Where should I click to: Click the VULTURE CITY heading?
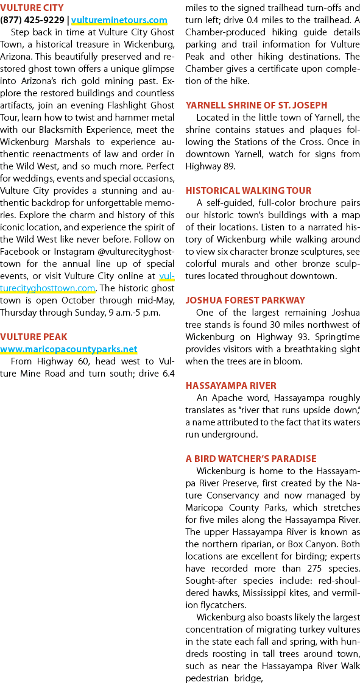click(32, 8)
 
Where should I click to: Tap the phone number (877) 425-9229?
click(32, 20)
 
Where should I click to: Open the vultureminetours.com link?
click(119, 20)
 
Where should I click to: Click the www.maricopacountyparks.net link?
click(69, 349)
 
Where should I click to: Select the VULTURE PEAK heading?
click(34, 337)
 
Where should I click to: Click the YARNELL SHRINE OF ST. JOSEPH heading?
click(256, 105)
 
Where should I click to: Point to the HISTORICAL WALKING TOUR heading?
click(249, 191)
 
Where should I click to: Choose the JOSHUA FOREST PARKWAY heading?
click(245, 300)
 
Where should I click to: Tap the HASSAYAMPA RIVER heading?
click(231, 385)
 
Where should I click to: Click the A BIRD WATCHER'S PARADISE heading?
click(251, 459)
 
